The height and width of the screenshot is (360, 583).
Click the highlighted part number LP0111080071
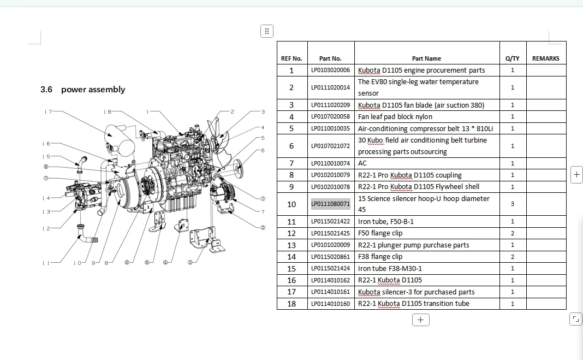(x=331, y=204)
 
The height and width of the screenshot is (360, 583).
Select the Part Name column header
(x=426, y=58)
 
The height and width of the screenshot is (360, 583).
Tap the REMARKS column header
(x=545, y=58)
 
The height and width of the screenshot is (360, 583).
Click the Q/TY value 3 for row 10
(x=513, y=204)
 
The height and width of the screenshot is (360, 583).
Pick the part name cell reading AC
(x=362, y=163)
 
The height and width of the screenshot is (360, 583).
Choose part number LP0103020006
(x=331, y=70)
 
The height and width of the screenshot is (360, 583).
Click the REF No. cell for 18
(x=291, y=304)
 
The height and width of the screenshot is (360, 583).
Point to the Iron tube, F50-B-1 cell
(x=385, y=222)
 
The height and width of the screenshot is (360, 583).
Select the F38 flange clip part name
(x=380, y=257)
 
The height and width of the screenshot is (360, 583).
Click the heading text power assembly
(x=93, y=90)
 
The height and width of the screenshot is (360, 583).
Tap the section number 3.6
(x=46, y=90)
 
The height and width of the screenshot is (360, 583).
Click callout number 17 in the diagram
(x=48, y=111)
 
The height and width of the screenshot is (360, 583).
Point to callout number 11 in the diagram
(x=46, y=263)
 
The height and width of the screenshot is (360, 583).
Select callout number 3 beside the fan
(x=263, y=111)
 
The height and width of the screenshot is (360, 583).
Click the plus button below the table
(x=420, y=320)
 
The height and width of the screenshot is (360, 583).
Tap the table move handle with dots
(x=267, y=31)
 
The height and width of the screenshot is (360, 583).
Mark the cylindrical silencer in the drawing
(x=120, y=140)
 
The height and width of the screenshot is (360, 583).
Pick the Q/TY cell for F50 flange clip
(x=513, y=233)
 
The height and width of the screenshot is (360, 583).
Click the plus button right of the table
(x=576, y=174)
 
